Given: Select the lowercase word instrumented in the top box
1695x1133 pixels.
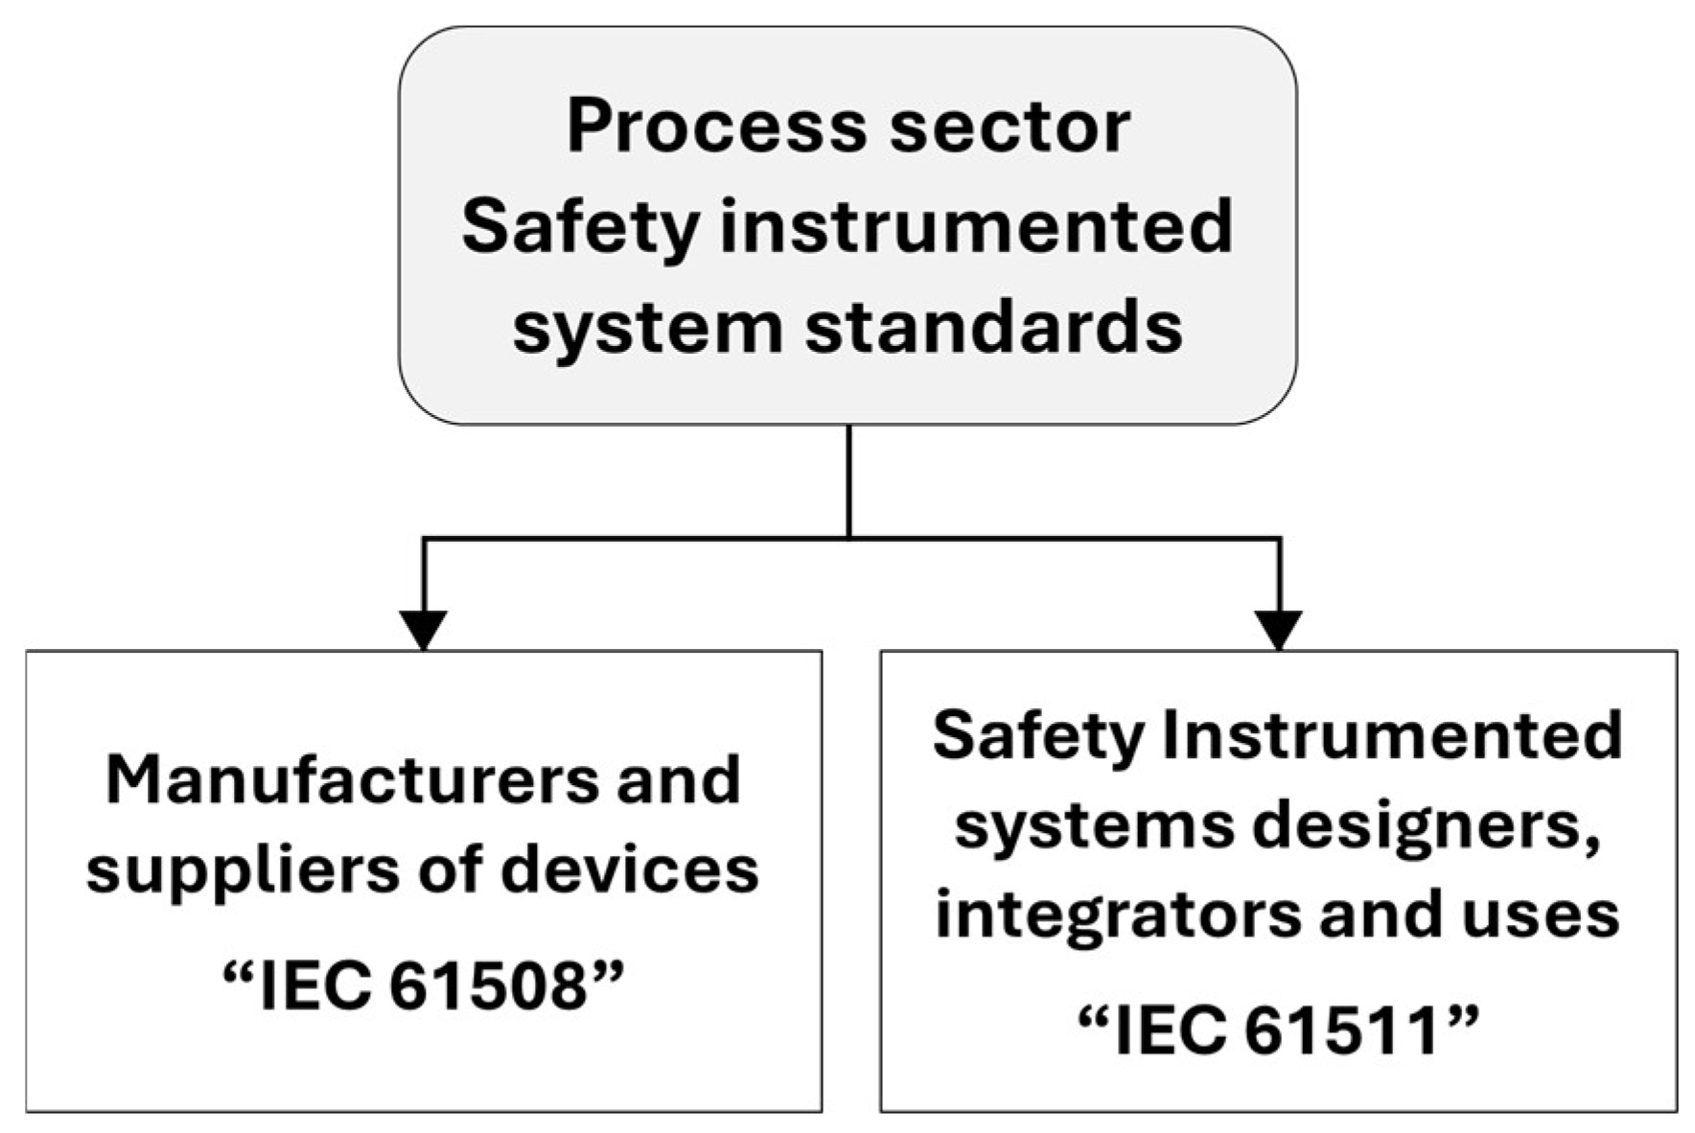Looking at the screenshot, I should click(976, 227).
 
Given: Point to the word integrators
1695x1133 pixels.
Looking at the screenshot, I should click(1115, 914).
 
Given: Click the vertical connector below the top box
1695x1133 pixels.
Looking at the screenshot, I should click(849, 479).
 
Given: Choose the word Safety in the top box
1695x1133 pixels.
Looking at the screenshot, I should click(579, 227).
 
